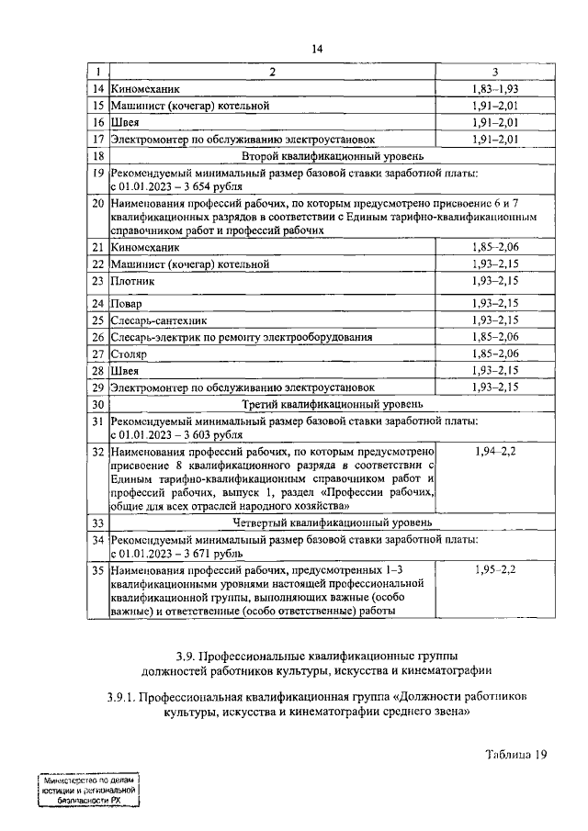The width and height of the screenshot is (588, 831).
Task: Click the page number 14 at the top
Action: [x=316, y=50]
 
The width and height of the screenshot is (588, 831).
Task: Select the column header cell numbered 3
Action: [x=495, y=72]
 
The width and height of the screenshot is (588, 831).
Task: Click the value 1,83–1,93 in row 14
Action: [x=495, y=89]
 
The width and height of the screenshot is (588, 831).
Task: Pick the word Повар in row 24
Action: [x=127, y=303]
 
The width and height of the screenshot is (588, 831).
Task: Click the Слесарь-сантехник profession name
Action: [x=158, y=320]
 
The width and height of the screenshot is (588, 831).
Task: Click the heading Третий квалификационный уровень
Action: [x=319, y=403]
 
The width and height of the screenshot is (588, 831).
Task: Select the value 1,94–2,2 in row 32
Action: [x=495, y=453]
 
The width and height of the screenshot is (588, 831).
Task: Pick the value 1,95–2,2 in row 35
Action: [x=495, y=571]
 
